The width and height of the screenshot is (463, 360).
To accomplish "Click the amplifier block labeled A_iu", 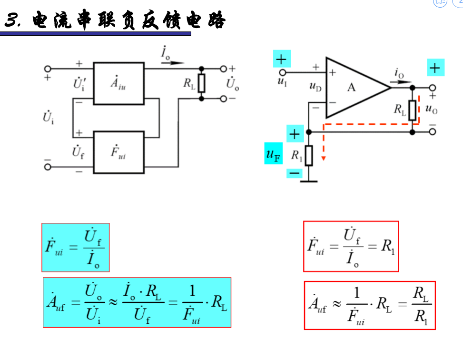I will click(118, 83).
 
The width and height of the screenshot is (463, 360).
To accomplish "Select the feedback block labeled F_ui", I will click(118, 152).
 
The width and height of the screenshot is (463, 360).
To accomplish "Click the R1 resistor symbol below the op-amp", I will click(309, 155).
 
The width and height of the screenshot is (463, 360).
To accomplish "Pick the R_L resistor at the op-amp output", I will click(412, 110).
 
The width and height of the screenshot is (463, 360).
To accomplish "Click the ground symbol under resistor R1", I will click(309, 180).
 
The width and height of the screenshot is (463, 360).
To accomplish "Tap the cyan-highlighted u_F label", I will click(273, 154).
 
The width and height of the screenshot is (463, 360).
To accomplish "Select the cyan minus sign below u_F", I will click(294, 173).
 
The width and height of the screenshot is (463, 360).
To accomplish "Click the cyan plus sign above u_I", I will click(281, 59).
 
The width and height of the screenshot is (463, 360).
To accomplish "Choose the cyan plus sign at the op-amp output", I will click(435, 68).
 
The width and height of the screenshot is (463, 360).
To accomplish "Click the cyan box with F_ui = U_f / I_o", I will click(76, 247).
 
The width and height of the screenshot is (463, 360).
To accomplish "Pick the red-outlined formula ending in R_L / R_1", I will click(370, 305).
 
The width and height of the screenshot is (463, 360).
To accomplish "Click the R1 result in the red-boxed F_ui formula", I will click(388, 247).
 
